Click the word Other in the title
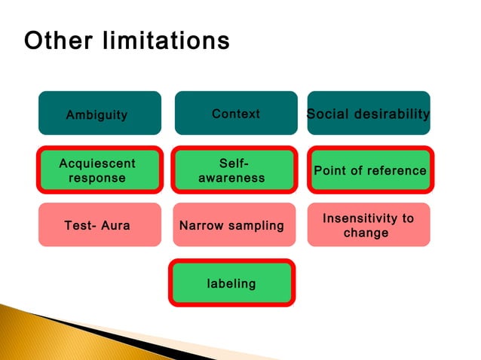click(x=57, y=41)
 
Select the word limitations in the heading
click(x=162, y=41)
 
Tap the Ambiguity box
click(x=100, y=113)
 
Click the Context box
click(x=236, y=113)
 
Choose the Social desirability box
click(x=369, y=113)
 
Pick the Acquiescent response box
click(x=100, y=170)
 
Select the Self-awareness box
click(x=233, y=170)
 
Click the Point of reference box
click(x=369, y=170)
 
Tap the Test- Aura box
click(x=100, y=224)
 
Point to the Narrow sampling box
click(x=233, y=224)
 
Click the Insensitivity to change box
click(x=369, y=224)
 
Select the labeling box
click(x=232, y=283)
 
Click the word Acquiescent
click(x=97, y=163)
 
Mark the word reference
click(x=396, y=171)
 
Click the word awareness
click(x=231, y=178)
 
